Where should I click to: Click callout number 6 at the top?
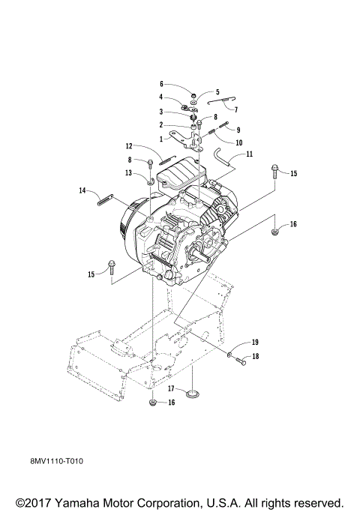(161, 84)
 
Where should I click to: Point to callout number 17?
(171, 389)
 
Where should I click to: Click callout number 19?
(254, 343)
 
